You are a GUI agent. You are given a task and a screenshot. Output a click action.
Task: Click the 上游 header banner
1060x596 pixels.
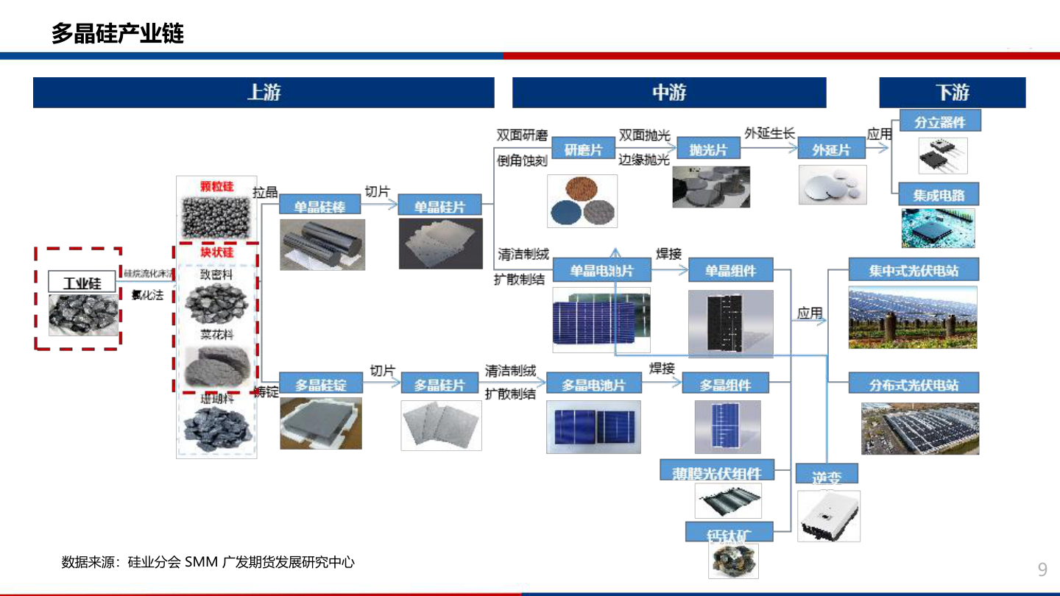264,93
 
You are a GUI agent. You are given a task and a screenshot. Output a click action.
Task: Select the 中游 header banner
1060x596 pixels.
669,93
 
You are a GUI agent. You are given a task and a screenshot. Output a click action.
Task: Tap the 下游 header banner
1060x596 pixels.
952,93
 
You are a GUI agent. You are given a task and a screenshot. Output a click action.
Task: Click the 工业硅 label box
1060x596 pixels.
82,283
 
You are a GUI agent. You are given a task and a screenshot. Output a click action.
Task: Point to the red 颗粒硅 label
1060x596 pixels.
216,187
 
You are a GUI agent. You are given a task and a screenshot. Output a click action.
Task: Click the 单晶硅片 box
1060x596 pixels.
439,207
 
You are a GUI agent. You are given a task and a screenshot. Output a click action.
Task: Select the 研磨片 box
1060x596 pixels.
583,150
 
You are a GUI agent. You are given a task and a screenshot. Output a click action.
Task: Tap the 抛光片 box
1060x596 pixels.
708,150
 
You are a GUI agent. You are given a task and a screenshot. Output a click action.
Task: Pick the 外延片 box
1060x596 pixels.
831,150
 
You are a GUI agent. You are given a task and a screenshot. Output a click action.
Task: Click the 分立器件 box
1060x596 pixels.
940,122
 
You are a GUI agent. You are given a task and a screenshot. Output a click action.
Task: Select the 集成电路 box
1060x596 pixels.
939,196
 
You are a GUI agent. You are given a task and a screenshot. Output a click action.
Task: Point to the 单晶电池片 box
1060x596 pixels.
601,271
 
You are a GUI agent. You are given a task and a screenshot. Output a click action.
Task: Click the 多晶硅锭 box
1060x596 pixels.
320,384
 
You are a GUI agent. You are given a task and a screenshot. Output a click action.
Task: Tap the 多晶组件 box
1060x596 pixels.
725,384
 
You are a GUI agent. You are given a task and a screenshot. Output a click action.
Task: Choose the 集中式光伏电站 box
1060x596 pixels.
914,270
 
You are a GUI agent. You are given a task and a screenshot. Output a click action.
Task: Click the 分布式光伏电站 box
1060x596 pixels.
914,384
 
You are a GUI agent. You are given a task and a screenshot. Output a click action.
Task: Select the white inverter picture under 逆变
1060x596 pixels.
828,516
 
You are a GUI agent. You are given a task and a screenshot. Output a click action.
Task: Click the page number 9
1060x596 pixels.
1042,569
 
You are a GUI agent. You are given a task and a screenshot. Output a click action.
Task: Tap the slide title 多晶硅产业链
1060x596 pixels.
118,33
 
